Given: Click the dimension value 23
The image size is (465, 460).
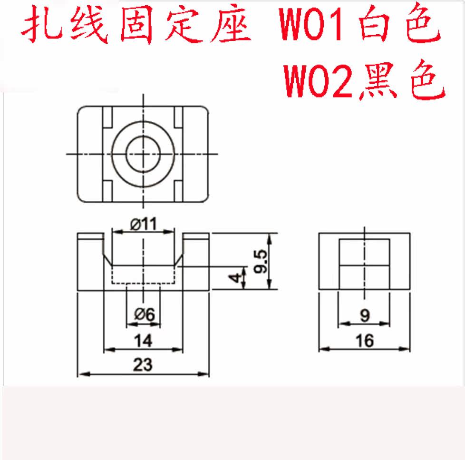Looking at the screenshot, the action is (143, 365).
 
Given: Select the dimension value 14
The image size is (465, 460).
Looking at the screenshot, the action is (143, 341).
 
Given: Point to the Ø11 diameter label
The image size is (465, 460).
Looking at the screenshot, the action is (143, 224).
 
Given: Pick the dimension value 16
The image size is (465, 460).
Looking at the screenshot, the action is (364, 341).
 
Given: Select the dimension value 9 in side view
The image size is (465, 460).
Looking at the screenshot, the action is (365, 315).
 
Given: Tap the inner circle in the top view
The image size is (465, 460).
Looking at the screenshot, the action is (143, 154).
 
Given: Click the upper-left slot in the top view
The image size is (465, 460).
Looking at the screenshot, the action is (107, 117).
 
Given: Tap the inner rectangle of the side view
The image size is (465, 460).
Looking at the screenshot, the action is (364, 264).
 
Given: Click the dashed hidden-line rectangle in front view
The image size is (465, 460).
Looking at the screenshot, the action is (143, 275).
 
